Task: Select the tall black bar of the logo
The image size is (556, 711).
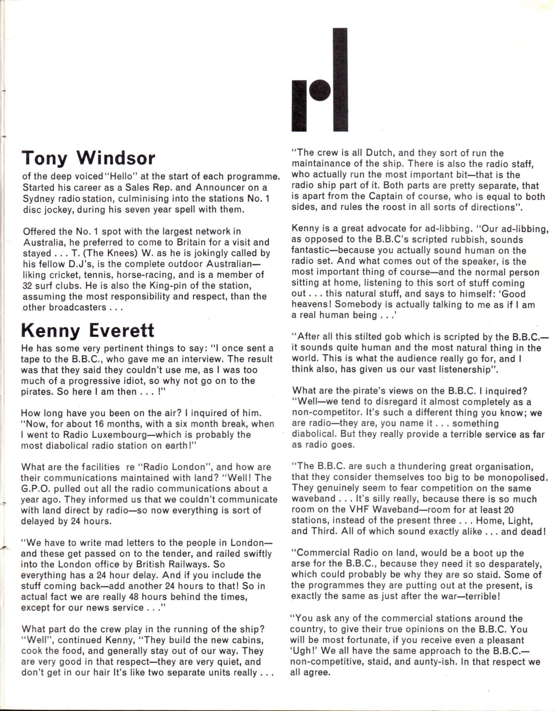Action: (340, 80)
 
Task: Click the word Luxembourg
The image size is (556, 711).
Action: (122, 435)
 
